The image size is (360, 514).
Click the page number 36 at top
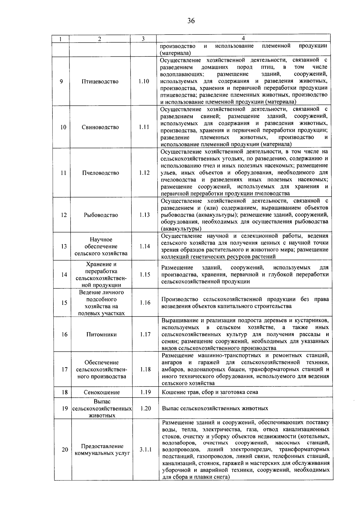point(191,20)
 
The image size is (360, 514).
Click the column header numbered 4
point(243,38)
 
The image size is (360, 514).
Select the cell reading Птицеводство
point(100,82)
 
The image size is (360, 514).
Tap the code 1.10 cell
point(144,82)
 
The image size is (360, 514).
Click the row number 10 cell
point(63,127)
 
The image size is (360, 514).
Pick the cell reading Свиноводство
point(100,127)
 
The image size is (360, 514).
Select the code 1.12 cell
point(144,173)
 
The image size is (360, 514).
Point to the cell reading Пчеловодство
point(100,173)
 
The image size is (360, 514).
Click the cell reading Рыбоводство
point(101,215)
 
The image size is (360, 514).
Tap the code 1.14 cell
point(145,246)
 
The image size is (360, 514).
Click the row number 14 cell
point(64,275)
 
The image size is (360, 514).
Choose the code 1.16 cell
point(145,303)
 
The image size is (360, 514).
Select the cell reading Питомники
point(101,335)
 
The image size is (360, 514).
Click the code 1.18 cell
point(145,369)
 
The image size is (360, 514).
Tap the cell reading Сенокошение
point(102,392)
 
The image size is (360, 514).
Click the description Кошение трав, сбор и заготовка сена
point(210,392)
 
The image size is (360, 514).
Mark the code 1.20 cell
point(145,408)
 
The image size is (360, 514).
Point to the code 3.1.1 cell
point(145,450)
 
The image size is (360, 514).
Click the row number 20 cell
point(65,450)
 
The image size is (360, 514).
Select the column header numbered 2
point(100,39)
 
